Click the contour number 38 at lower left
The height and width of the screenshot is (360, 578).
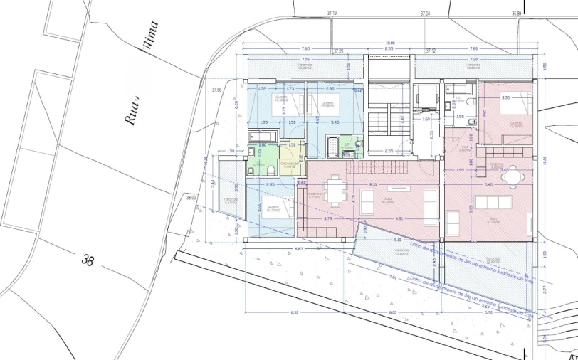coord(88,260)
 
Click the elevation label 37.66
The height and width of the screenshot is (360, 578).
coord(216,90)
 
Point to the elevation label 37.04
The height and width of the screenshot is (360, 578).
coord(426,14)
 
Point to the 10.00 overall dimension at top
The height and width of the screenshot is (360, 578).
coord(389,43)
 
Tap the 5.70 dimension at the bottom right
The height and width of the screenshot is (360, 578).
coord(488,312)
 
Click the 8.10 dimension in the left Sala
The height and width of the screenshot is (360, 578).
coord(373,185)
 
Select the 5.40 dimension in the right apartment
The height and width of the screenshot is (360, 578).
coord(488,185)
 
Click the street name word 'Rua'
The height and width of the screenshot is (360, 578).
coord(132,112)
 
